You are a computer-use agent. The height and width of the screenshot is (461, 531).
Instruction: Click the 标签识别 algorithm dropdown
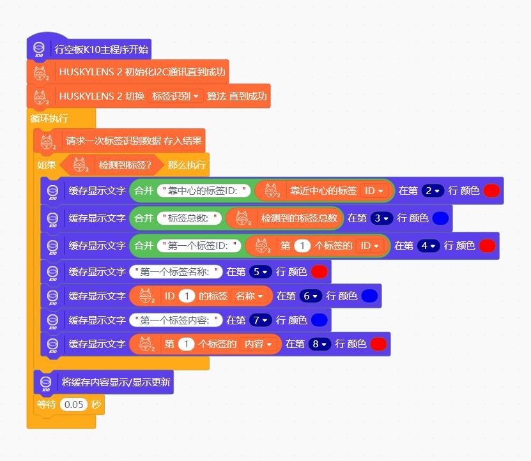tap(175, 96)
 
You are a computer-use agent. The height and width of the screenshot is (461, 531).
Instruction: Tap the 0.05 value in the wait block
tap(73, 404)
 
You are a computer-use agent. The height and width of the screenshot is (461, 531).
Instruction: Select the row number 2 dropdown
tap(432, 190)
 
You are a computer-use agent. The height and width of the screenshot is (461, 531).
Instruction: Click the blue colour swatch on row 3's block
tap(440, 218)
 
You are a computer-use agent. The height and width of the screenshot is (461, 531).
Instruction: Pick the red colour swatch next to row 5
tap(319, 272)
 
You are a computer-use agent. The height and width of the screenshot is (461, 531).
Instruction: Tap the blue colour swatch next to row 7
tap(319, 320)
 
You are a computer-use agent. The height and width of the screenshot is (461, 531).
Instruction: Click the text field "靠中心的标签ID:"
tap(205, 190)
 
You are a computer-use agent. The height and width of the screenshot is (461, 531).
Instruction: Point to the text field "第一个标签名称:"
tap(176, 272)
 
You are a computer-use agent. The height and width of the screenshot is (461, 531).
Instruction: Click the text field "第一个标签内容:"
tap(176, 320)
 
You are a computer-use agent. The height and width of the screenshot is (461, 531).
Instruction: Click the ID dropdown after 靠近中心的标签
tap(374, 190)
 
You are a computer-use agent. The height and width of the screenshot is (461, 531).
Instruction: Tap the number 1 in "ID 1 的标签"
tap(186, 296)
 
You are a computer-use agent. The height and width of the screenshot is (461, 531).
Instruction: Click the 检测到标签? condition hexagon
tap(112, 165)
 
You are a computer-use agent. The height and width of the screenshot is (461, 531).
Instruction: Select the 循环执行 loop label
tap(49, 118)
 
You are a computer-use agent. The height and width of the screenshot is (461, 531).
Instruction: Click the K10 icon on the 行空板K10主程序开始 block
tap(38, 49)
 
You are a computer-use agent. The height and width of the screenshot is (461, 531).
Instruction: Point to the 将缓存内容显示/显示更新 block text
tap(116, 382)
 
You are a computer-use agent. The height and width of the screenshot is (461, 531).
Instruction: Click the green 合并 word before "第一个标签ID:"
tap(143, 246)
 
